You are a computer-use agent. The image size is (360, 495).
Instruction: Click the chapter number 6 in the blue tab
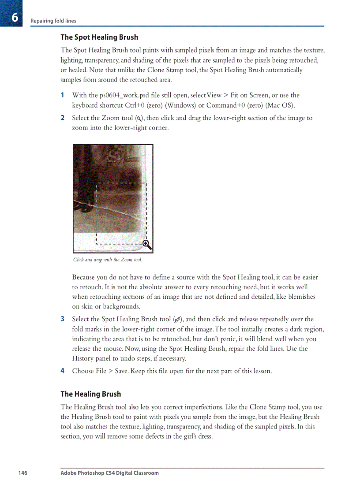[15, 18]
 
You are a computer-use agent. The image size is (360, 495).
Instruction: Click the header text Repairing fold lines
[53, 21]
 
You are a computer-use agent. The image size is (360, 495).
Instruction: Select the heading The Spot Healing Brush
[99, 37]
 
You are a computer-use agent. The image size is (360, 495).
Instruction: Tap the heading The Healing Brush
[90, 394]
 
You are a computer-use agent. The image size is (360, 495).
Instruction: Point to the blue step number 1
[63, 95]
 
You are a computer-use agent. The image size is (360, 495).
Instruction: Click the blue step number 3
[63, 319]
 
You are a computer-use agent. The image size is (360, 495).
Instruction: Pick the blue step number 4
[63, 371]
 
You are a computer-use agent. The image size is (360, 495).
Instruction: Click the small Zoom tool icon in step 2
[139, 119]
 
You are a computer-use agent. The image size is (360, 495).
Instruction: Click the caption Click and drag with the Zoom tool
[108, 260]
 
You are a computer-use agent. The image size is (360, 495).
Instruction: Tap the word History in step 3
[83, 358]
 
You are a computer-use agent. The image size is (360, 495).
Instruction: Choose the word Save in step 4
[121, 371]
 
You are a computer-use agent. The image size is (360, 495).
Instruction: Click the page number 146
[22, 473]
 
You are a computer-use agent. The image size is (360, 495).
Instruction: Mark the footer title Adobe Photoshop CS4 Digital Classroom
[109, 473]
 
